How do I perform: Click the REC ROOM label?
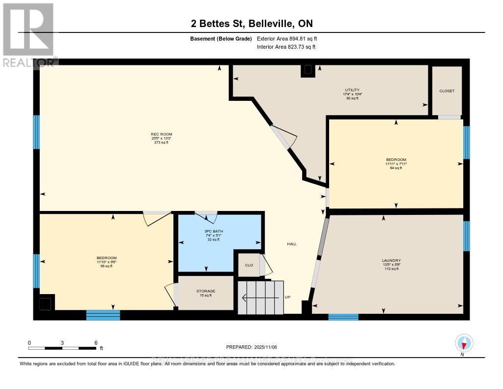tap(161, 134)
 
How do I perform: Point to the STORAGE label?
tap(205, 291)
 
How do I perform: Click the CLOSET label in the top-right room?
tap(447, 91)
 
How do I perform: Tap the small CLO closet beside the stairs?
tap(249, 265)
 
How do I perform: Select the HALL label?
tap(292, 244)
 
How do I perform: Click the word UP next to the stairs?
tap(288, 298)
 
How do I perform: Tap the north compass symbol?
tap(464, 343)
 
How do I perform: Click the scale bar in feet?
tap(62, 348)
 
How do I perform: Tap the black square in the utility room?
tap(308, 71)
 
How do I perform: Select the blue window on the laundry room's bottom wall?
tap(343, 317)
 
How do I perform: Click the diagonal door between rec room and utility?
tap(282, 137)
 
